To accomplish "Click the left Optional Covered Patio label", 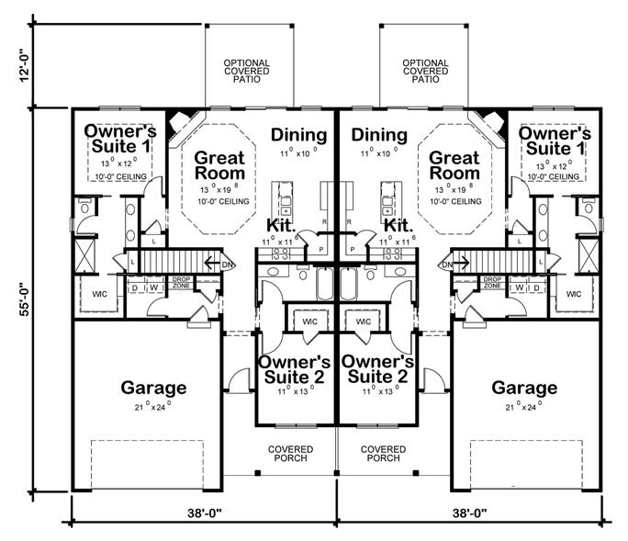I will (x=247, y=72).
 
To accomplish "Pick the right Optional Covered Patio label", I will (x=425, y=72).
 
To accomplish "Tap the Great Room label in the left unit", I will (x=219, y=165).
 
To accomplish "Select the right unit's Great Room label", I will (x=454, y=165).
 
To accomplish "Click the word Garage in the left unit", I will (x=153, y=388).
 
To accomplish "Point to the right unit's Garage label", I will (x=523, y=388).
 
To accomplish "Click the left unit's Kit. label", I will (x=281, y=225).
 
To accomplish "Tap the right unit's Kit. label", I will (x=398, y=225).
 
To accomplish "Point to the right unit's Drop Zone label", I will (x=492, y=282).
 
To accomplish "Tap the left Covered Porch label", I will (x=291, y=453).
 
